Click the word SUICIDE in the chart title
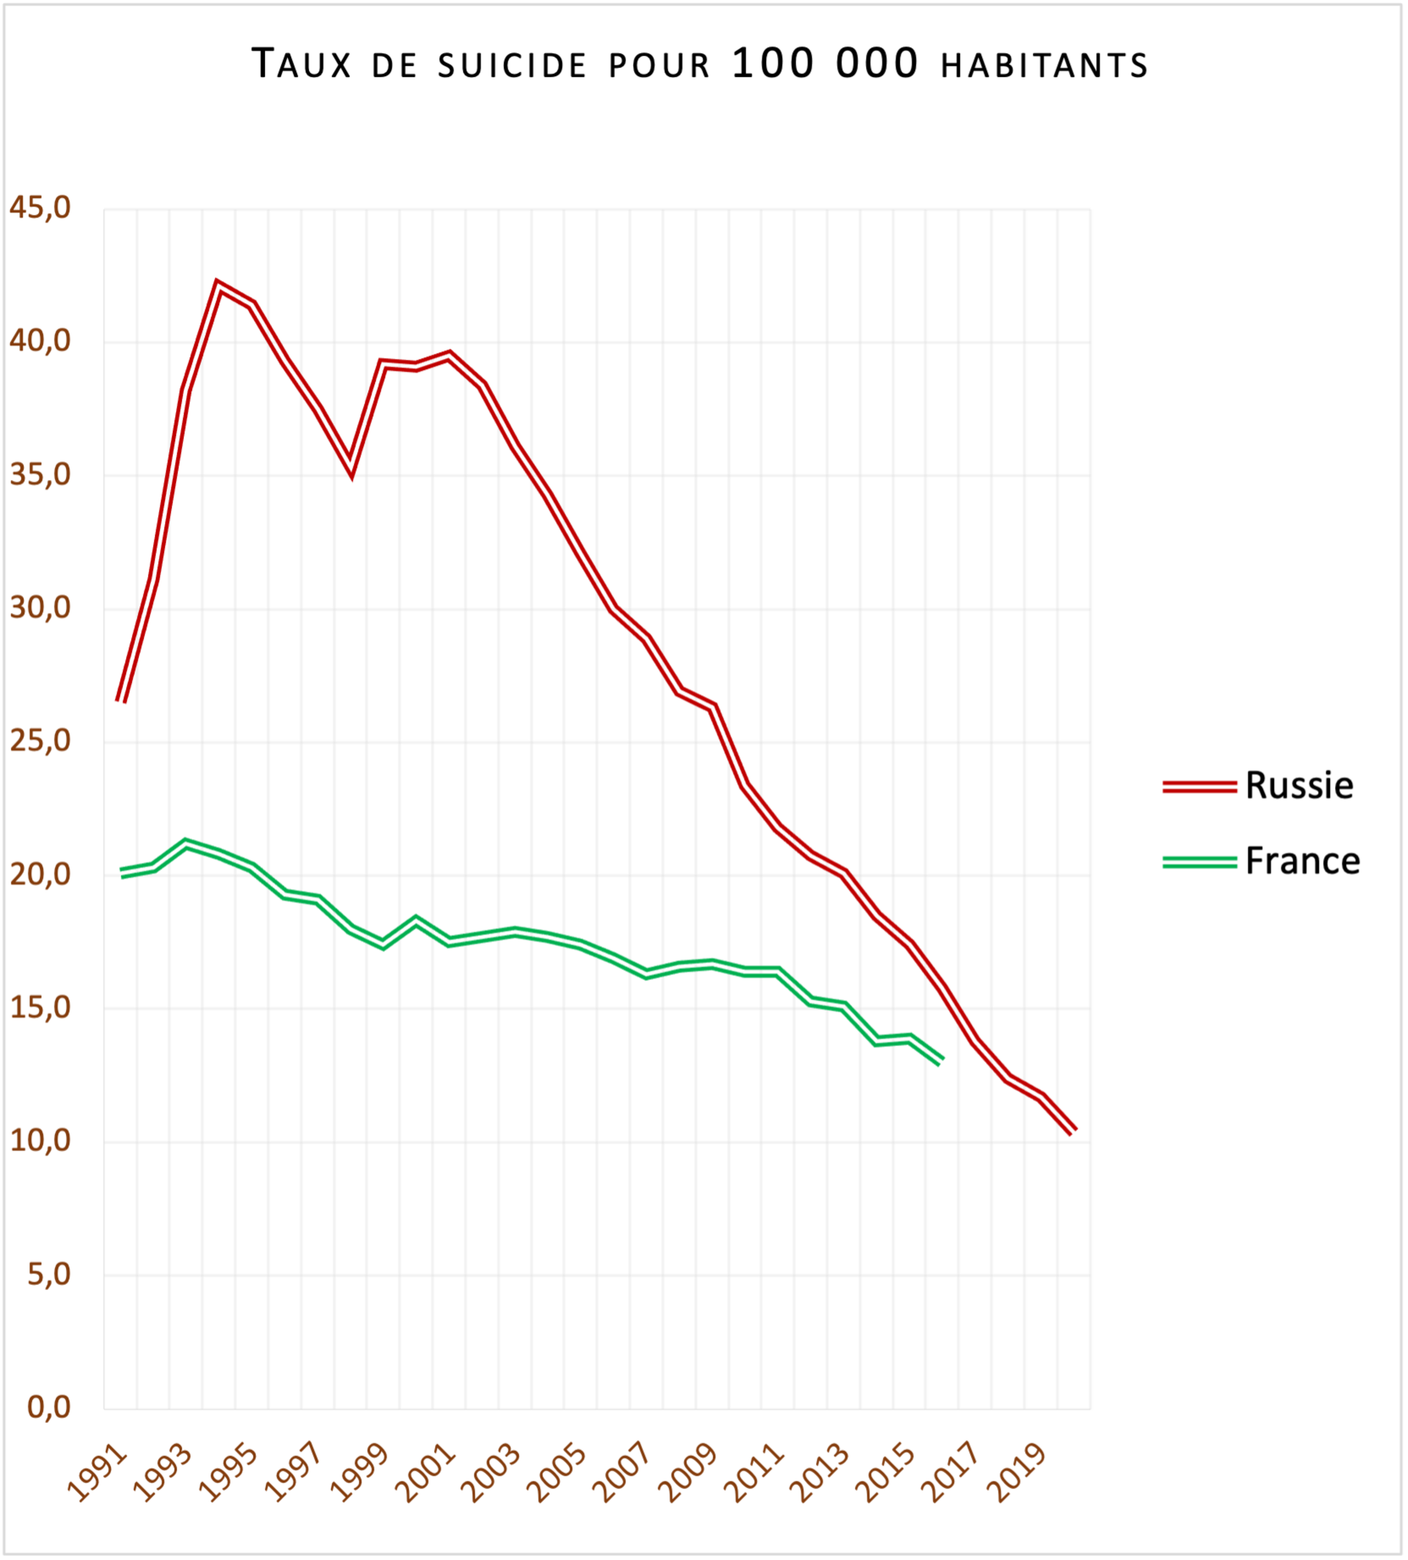coord(512,66)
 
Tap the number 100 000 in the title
coord(825,63)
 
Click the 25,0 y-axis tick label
coord(40,741)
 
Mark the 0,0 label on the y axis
coord(49,1408)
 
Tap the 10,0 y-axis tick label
coord(40,1141)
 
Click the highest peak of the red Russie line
coord(219,285)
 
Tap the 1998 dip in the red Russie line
coord(351,470)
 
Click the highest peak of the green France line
coord(186,844)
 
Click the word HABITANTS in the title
coord(1044,66)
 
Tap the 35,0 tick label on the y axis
coord(40,474)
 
